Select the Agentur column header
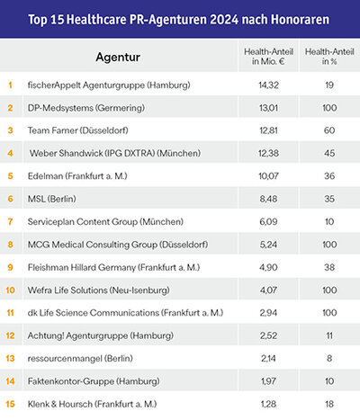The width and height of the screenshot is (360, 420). click(x=118, y=57)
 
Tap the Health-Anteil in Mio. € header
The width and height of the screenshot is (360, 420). click(x=268, y=57)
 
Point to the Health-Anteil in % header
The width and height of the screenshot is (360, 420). click(x=329, y=57)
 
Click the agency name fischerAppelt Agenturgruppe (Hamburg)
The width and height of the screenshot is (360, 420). click(x=109, y=85)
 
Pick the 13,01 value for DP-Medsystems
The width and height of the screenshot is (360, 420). click(x=268, y=108)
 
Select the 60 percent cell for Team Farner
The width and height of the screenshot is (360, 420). click(x=329, y=130)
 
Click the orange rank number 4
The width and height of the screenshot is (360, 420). click(x=10, y=154)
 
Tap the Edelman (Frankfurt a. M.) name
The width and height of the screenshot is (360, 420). click(x=77, y=176)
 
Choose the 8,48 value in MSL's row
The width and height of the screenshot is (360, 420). click(x=268, y=199)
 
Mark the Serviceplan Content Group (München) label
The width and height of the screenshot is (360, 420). click(x=105, y=222)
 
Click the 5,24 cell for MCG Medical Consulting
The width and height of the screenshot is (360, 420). click(x=268, y=245)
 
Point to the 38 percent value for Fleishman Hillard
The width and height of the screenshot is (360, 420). click(x=329, y=267)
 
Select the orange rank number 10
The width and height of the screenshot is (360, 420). click(x=10, y=290)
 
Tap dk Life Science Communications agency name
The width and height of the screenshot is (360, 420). click(x=125, y=313)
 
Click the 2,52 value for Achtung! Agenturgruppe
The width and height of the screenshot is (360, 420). click(x=268, y=335)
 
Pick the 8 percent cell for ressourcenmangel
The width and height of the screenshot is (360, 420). click(x=329, y=359)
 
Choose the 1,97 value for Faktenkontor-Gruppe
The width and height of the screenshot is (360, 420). click(x=268, y=381)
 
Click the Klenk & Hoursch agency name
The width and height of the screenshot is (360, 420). click(x=92, y=404)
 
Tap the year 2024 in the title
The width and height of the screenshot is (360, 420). click(x=224, y=20)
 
